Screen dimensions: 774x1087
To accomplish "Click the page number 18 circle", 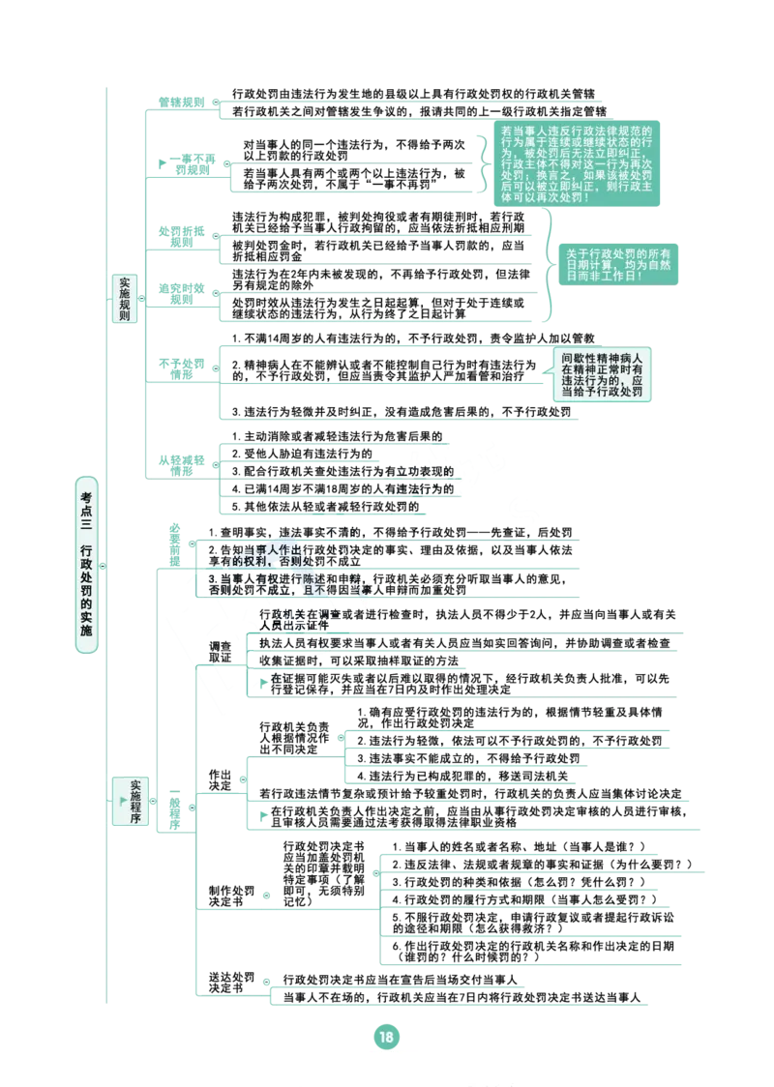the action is tap(386, 1037).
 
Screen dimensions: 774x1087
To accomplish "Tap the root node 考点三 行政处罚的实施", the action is tap(86, 565).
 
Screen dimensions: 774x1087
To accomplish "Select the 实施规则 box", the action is tap(125, 298).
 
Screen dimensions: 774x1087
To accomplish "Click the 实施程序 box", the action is tap(131, 801).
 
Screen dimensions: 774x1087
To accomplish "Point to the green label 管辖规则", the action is tap(182, 103).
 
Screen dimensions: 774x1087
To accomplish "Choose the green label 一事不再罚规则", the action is tap(188, 164).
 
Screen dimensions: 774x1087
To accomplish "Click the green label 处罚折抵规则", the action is tap(182, 236).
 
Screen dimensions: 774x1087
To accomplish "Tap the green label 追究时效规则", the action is tap(182, 294).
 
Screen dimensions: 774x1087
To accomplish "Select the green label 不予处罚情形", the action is tap(182, 368).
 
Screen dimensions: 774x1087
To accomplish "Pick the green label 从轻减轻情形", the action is tap(182, 465).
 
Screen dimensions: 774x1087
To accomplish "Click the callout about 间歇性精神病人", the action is tap(602, 374).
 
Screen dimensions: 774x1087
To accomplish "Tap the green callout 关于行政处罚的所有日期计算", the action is tap(618, 264).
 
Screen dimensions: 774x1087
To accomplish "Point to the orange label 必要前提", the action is tap(175, 544).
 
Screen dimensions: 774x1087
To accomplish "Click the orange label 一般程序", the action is tap(175, 808).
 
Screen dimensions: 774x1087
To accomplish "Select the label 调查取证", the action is tap(220, 652).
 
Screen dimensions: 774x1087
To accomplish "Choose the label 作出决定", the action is tap(220, 779).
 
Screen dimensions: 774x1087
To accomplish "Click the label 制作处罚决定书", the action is tap(231, 896).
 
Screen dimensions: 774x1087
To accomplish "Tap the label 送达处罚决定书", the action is tap(231, 982).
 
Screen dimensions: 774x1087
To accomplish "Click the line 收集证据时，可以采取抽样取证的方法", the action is tap(359, 661).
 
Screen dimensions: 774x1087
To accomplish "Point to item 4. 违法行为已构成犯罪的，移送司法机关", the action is tap(462, 776).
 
